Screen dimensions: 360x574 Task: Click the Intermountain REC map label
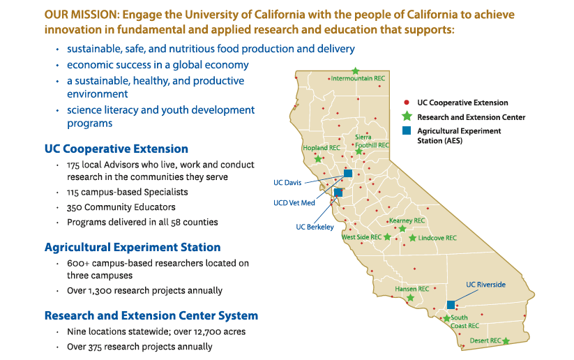coord(358,79)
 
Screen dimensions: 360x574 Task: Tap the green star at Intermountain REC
coord(355,70)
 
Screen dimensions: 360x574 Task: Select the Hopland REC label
coord(322,148)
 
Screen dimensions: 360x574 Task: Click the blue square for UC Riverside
coord(451,304)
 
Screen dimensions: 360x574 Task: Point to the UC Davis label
coord(287,183)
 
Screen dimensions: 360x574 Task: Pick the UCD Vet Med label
coord(294,203)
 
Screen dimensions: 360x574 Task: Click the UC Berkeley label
coord(315,227)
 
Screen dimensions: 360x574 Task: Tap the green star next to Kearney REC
coord(402,229)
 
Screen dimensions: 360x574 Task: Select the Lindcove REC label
coord(437,238)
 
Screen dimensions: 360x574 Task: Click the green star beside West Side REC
coord(388,237)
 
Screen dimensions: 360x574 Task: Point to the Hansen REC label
coord(412,289)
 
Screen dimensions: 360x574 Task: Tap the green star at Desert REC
coord(506,340)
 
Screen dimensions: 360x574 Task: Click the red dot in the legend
coord(407,103)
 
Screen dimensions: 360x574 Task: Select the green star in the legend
coord(407,117)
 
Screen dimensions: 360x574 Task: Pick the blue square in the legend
coord(407,130)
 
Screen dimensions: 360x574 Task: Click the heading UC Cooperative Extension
coord(116,149)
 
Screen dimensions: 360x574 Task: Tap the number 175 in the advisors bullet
coord(75,165)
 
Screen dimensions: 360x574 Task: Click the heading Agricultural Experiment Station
coord(133,247)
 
